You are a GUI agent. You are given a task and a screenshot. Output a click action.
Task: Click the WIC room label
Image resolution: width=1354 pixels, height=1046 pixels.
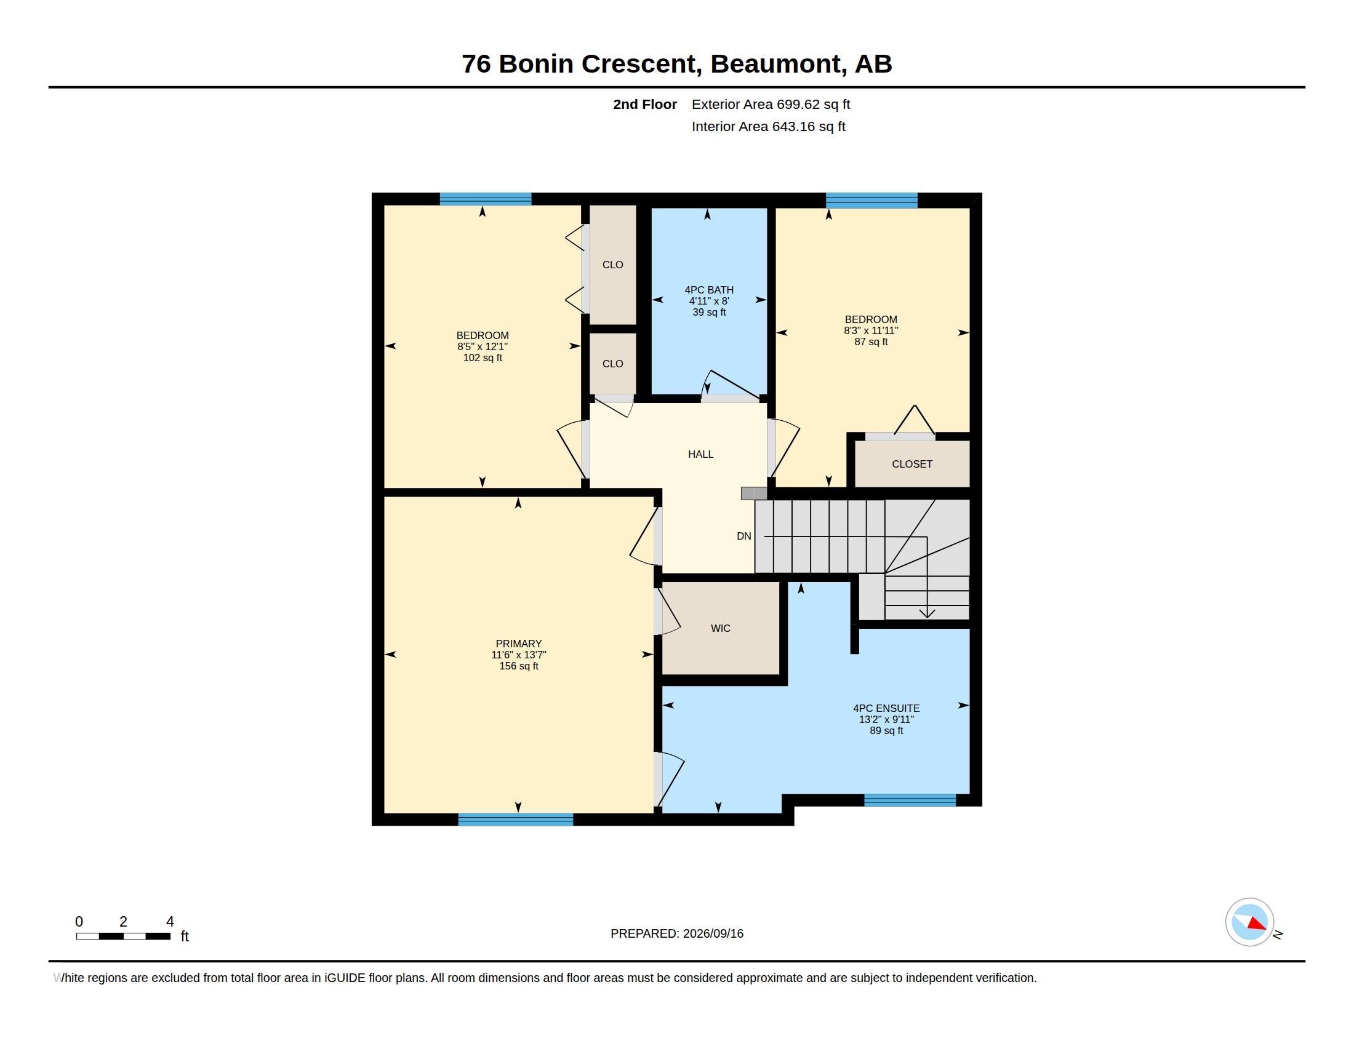click(721, 628)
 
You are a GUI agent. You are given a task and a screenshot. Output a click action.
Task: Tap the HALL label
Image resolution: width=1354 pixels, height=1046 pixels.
click(700, 454)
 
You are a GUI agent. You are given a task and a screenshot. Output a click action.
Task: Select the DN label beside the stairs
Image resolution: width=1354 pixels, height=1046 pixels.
click(744, 536)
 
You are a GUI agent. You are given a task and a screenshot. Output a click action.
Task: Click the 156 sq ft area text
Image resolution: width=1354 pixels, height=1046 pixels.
click(519, 666)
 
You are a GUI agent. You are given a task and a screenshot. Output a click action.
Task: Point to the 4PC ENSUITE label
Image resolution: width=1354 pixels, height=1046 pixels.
click(886, 708)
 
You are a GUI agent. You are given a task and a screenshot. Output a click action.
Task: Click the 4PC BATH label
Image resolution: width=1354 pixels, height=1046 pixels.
click(709, 290)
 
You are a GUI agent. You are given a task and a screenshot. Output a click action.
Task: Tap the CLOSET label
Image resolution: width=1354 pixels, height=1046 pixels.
click(912, 464)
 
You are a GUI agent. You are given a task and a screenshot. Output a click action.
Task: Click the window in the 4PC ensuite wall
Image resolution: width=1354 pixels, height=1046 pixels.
click(910, 800)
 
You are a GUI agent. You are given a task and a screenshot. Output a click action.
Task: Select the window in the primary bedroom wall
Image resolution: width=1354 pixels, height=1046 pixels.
click(516, 819)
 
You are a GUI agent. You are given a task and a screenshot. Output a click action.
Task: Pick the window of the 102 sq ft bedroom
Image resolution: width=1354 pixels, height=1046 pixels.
click(486, 199)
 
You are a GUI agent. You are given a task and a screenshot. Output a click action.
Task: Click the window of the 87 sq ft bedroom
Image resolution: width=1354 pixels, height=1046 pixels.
click(871, 200)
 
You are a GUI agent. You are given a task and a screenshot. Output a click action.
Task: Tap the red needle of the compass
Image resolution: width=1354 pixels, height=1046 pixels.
click(1257, 924)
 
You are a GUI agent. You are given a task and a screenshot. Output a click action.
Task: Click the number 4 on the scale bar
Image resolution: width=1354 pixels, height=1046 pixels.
click(170, 922)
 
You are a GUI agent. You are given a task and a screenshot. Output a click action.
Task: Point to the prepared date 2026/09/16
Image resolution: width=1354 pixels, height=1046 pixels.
click(713, 933)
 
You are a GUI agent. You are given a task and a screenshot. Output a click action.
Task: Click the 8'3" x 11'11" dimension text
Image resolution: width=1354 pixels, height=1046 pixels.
click(871, 331)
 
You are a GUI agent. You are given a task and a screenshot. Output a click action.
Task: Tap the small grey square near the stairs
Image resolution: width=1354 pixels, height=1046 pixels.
click(754, 493)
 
